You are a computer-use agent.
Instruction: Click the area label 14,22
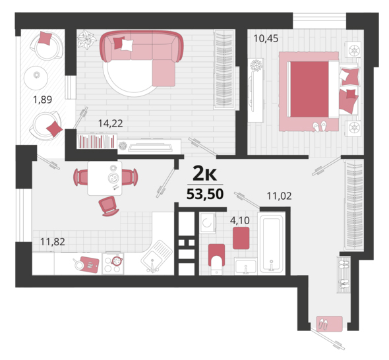(110, 123)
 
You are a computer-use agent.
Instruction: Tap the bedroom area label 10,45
(266, 38)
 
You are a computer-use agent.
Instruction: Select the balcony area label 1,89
(42, 100)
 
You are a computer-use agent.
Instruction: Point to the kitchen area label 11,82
(53, 241)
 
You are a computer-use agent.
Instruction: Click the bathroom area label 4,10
(239, 220)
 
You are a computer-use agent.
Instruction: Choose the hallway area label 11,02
(279, 196)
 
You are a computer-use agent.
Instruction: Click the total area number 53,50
(205, 194)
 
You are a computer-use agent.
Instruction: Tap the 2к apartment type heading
(205, 174)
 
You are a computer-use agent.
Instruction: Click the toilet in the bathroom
(216, 259)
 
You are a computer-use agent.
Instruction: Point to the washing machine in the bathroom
(208, 223)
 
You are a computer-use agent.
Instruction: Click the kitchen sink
(156, 256)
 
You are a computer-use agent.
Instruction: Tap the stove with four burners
(113, 264)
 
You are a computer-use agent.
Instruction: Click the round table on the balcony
(36, 78)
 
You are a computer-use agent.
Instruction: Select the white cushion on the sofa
(127, 45)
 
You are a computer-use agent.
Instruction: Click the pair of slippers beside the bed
(320, 127)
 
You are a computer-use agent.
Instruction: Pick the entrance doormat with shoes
(329, 324)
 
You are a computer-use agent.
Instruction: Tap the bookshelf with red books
(97, 141)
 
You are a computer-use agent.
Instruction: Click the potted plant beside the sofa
(86, 40)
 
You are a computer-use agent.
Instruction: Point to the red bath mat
(241, 238)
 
